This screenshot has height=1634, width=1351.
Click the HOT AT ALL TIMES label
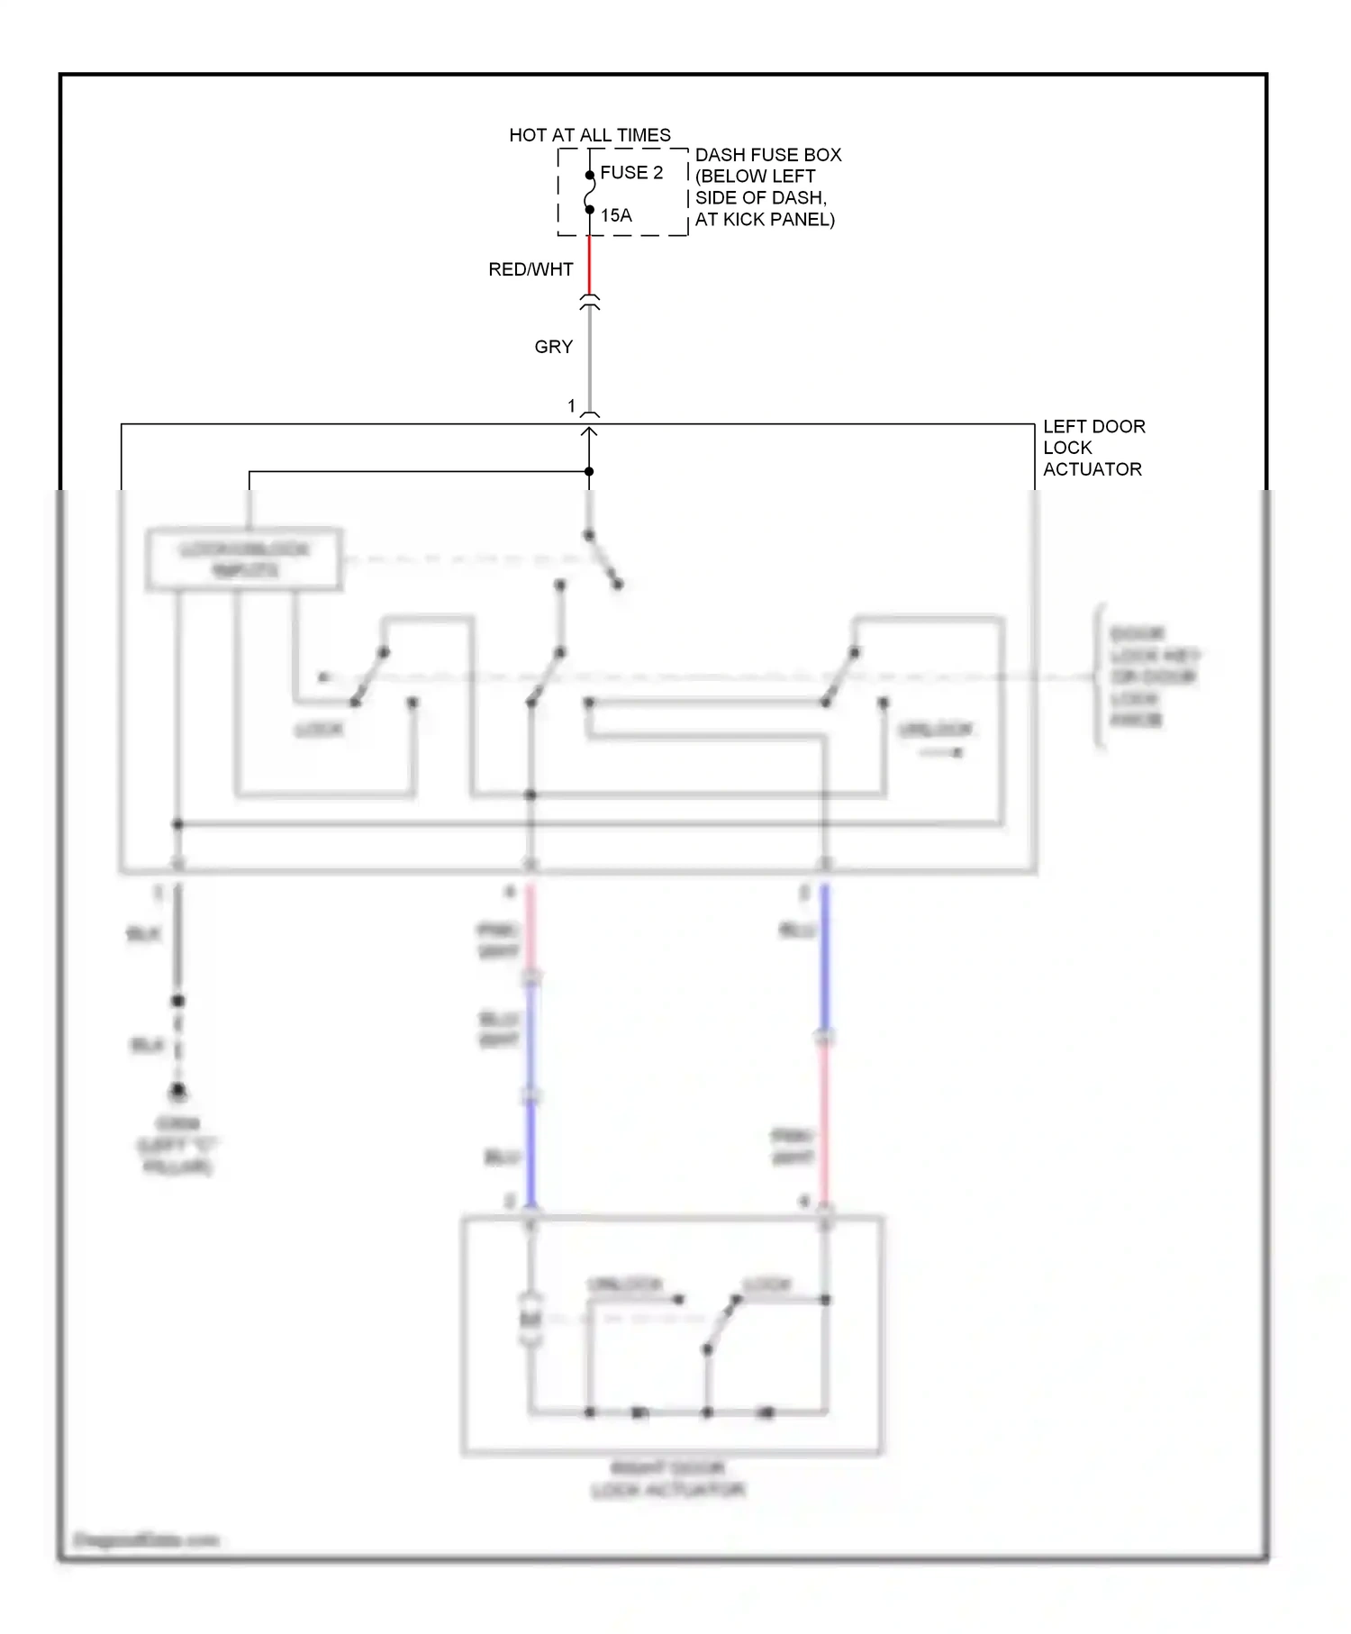(x=590, y=135)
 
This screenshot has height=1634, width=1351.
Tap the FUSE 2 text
(x=631, y=173)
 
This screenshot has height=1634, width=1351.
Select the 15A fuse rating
(x=616, y=215)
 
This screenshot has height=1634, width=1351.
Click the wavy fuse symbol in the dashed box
(x=590, y=193)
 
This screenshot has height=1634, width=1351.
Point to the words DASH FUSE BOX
(x=768, y=155)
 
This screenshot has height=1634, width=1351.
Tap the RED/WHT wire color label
(x=530, y=269)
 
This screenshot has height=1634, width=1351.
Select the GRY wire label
(x=553, y=347)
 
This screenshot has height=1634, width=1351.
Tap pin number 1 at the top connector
(x=571, y=406)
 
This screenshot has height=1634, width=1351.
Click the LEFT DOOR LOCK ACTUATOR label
(x=1093, y=448)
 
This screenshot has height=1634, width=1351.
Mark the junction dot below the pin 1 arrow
(x=589, y=471)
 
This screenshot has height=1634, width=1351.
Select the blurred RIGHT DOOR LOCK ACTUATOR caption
(x=668, y=1480)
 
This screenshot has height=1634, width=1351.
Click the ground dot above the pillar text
(x=178, y=1092)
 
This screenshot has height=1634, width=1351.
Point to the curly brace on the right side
(x=1098, y=676)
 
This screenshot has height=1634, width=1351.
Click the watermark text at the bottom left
(x=146, y=1539)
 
